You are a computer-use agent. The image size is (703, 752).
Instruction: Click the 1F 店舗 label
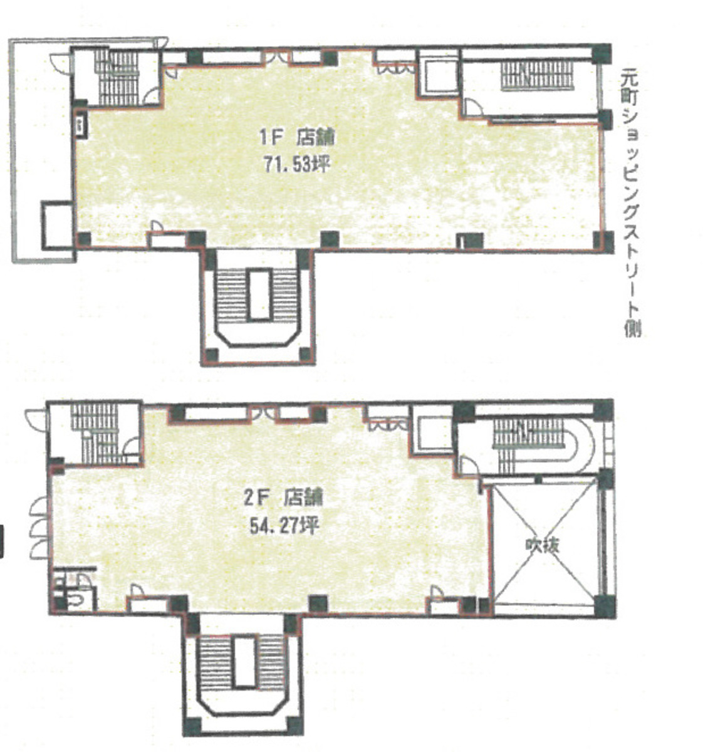pyautogui.click(x=297, y=138)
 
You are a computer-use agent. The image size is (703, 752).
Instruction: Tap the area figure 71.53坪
pyautogui.click(x=297, y=165)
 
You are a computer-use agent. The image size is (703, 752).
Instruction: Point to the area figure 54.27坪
pyautogui.click(x=283, y=526)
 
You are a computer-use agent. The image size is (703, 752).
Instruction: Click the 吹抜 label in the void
pyautogui.click(x=542, y=546)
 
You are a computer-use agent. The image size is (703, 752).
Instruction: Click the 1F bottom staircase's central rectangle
pyautogui.click(x=260, y=294)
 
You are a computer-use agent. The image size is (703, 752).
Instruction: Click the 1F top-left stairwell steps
pyautogui.click(x=117, y=77)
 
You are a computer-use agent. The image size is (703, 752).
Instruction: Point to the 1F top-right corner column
pyautogui.click(x=601, y=53)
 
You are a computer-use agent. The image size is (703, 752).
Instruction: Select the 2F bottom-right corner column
pyautogui.click(x=604, y=605)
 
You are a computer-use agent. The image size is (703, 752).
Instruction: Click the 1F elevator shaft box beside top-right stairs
pyautogui.click(x=438, y=77)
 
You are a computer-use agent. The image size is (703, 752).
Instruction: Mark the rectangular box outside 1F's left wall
pyautogui.click(x=58, y=226)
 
